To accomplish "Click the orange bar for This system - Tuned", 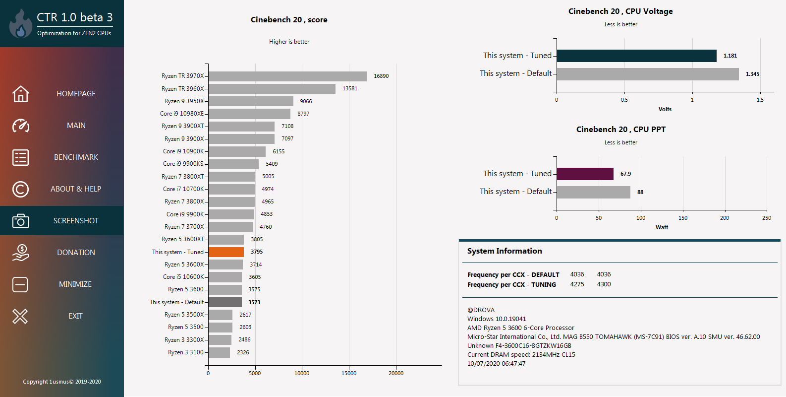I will tap(226, 252).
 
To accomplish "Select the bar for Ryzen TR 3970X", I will tap(287, 76).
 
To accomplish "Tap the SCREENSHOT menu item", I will tap(76, 221).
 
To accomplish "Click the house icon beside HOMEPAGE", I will tap(21, 94).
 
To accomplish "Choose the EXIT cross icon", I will tap(20, 316).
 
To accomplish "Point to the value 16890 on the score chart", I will tap(381, 76).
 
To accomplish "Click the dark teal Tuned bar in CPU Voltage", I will tap(636, 56).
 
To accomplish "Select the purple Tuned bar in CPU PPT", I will tap(585, 174).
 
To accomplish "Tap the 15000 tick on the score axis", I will tap(349, 373).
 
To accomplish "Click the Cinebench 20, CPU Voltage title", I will tap(620, 11).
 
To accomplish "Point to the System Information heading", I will tap(505, 251).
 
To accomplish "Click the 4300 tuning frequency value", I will tap(604, 284).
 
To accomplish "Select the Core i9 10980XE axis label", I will tap(182, 114).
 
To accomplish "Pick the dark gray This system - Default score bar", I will tap(225, 302).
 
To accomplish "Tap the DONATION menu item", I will tap(76, 253).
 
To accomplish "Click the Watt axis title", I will tap(662, 227).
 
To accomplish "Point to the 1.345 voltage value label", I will tap(752, 74).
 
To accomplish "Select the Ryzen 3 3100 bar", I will tap(219, 352).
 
